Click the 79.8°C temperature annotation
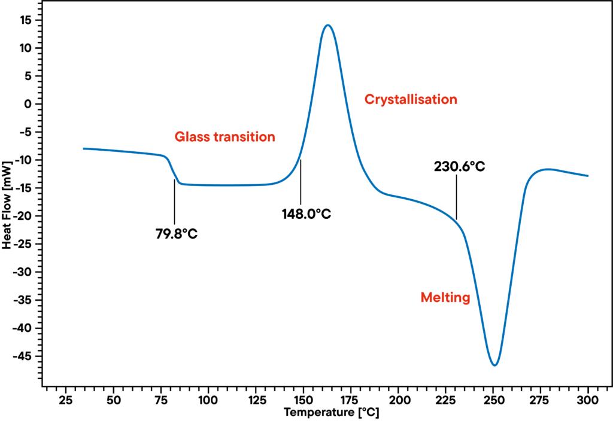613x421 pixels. tap(177, 233)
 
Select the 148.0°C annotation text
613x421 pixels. tap(306, 213)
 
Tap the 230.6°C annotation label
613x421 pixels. tap(459, 166)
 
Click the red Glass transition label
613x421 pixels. tap(224, 137)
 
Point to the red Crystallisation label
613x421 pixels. tap(411, 99)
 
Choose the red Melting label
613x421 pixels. tap(445, 297)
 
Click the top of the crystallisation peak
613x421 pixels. tap(327, 25)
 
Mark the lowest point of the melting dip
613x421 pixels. tap(494, 365)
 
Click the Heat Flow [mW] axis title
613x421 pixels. tap(7, 204)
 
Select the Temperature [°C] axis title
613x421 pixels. tap(331, 412)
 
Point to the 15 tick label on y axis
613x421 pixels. tap(25, 20)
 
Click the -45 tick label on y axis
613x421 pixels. tap(22, 356)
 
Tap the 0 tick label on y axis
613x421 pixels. tap(28, 104)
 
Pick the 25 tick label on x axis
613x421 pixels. tap(66, 399)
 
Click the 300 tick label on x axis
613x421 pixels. tap(588, 399)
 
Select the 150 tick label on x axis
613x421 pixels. tap(303, 399)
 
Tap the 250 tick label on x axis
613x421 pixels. tap(493, 399)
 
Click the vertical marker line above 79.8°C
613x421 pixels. tap(174, 201)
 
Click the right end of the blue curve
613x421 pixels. tap(588, 176)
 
